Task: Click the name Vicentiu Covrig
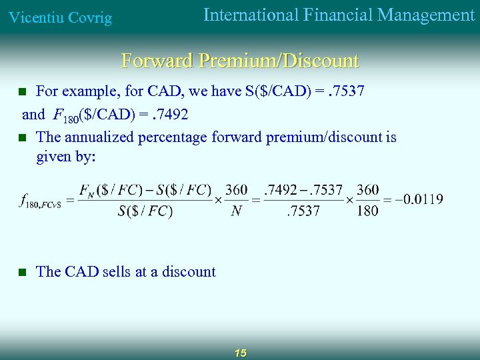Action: point(59,17)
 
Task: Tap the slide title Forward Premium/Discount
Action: point(240,61)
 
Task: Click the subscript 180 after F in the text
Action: point(69,118)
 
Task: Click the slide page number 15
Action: point(241,353)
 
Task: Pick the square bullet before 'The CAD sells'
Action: point(22,272)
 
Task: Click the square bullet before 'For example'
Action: point(22,91)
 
